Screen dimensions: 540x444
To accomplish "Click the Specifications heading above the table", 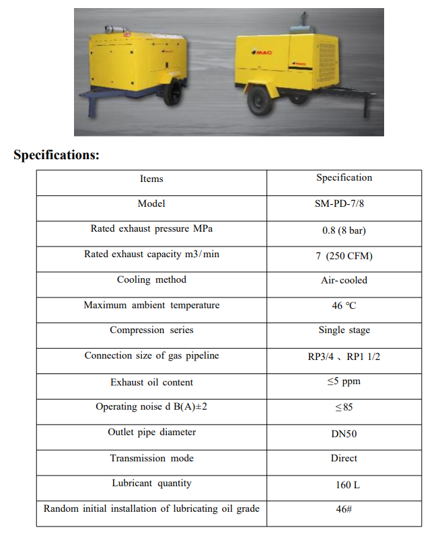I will [x=57, y=155].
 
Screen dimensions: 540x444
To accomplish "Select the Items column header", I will [x=151, y=179].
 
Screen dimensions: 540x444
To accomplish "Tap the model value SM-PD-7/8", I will [x=344, y=204].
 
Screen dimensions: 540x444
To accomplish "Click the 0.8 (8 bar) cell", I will [x=344, y=230].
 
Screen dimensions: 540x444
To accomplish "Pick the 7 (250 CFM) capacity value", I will [x=344, y=256].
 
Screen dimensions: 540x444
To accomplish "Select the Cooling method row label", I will [x=151, y=280].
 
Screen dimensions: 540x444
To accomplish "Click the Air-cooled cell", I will [x=344, y=280].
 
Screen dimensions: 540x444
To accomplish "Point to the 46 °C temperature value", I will [x=344, y=306].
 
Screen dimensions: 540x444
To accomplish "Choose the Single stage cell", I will [x=344, y=330].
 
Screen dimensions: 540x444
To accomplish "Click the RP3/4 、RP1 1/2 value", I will [x=344, y=357].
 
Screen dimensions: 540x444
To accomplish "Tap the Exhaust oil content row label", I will [x=151, y=382].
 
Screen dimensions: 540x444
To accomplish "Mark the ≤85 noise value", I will [x=344, y=407].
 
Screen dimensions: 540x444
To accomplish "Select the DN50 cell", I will [x=344, y=434].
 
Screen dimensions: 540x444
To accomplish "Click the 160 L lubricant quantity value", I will [x=344, y=484].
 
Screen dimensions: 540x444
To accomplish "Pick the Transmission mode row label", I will [x=151, y=458].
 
